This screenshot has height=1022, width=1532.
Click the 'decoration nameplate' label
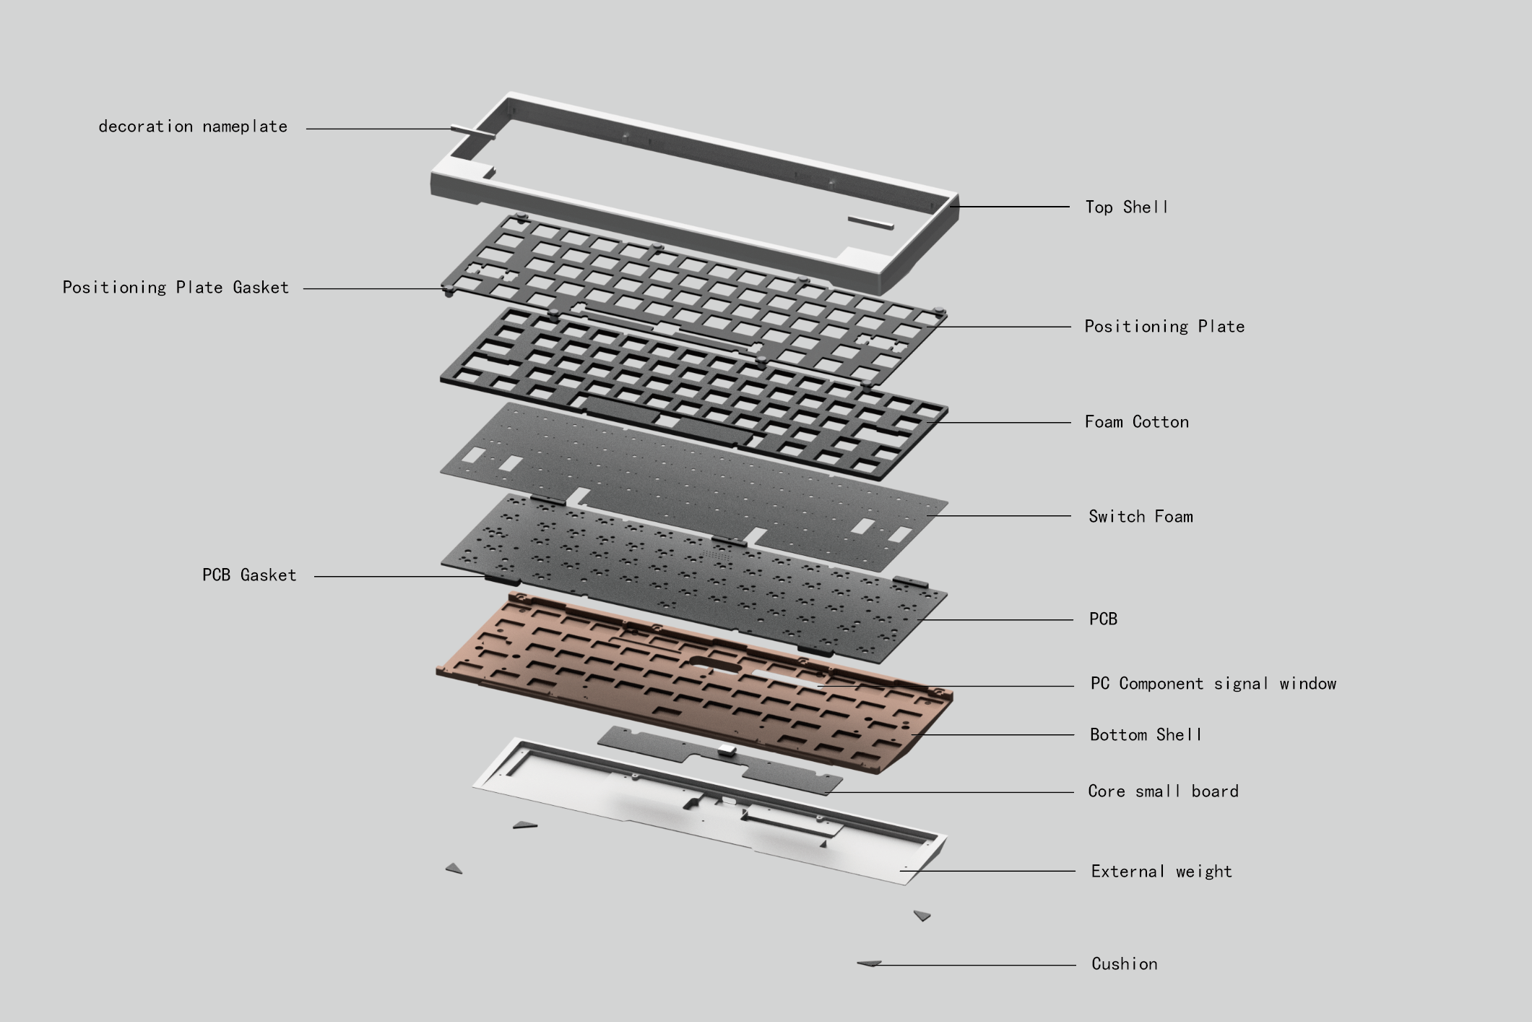[x=193, y=126]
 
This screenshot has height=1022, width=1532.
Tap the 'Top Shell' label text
[x=1126, y=207]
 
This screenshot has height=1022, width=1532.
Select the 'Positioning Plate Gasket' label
[x=176, y=288]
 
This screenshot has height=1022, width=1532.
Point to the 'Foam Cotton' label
[x=1136, y=422]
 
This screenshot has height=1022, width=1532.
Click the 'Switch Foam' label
[x=1141, y=517]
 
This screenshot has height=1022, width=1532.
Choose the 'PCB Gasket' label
[x=249, y=575]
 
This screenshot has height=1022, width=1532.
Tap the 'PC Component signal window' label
[x=1213, y=684]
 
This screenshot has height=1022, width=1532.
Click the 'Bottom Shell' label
[x=1146, y=735]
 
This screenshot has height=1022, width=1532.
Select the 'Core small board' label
[x=1163, y=791]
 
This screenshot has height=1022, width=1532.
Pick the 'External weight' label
[x=1161, y=872]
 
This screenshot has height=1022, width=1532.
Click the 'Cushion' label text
[x=1124, y=964]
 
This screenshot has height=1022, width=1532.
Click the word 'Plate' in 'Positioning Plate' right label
[x=1221, y=327]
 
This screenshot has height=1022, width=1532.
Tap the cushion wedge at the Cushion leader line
[x=869, y=963]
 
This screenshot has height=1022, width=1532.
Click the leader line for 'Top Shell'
[x=1011, y=207]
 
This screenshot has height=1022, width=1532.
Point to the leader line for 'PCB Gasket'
[x=397, y=576]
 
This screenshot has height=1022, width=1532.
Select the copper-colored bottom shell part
[x=650, y=672]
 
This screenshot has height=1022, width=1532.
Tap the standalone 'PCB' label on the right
[x=1103, y=619]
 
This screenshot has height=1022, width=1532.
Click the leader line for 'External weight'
[x=990, y=871]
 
